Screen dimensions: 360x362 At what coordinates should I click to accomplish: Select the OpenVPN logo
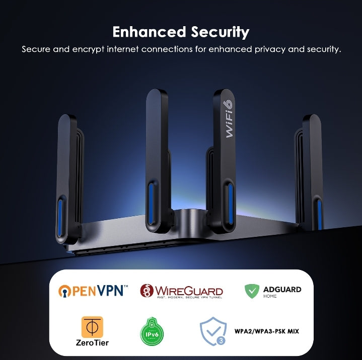(94, 291)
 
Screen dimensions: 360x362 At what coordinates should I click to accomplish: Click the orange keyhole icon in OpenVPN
(64, 291)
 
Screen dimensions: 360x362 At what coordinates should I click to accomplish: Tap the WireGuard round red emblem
(147, 291)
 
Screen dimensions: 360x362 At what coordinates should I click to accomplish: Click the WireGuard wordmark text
(188, 291)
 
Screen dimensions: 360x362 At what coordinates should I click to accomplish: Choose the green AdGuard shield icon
(252, 291)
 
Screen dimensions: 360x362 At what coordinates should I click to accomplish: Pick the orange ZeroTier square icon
(92, 327)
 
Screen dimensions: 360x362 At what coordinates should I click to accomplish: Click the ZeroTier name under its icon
(92, 343)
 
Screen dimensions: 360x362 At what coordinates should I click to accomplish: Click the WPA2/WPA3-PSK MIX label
(267, 331)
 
